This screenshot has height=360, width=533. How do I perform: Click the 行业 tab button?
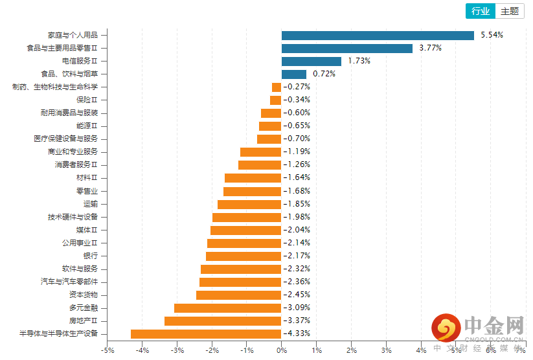point(481,11)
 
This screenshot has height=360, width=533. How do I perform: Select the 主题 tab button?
point(510,11)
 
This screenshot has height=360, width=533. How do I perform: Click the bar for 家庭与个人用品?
point(378,35)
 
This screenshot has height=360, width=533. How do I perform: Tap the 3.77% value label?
point(430,48)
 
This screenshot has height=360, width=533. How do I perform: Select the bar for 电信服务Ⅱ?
point(312,61)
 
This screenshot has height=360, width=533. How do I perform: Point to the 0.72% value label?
point(324,74)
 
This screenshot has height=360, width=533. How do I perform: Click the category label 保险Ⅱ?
point(87,100)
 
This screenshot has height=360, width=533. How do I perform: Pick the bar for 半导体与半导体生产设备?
point(206,334)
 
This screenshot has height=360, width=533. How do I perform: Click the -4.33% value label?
point(297,334)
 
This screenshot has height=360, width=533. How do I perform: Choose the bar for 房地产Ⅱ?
point(223,321)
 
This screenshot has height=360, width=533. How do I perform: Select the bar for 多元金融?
point(228,308)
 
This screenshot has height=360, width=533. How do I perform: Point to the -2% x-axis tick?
point(212,350)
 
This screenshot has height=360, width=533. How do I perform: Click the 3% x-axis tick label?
point(387,350)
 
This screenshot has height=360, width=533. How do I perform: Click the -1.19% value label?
point(297,152)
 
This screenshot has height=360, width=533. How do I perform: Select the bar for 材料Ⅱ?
point(253,177)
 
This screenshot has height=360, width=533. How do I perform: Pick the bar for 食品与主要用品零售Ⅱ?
point(347,48)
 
